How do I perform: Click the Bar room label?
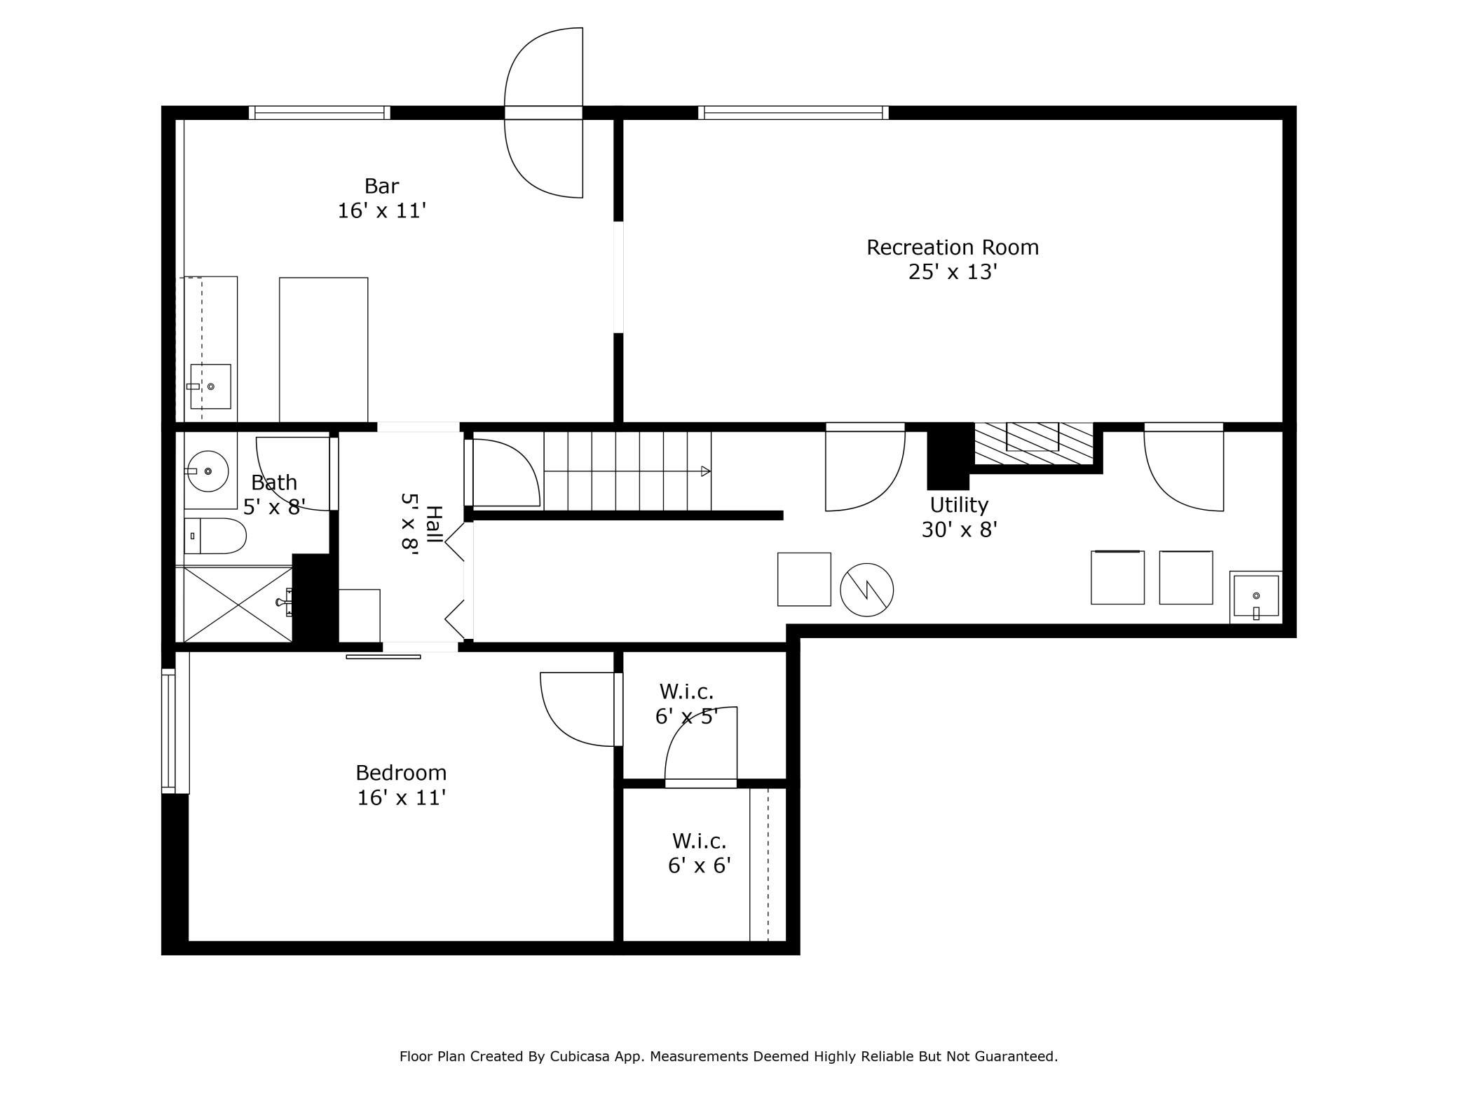(381, 186)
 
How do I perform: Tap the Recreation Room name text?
(953, 247)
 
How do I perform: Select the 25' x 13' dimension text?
(953, 272)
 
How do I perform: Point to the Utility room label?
(959, 504)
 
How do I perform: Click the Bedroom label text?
(401, 772)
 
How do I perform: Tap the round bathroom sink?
(207, 471)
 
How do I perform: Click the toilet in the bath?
(215, 536)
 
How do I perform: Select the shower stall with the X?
(238, 604)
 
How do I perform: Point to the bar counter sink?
(210, 386)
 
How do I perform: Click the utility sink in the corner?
(1255, 597)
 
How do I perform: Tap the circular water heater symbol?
(866, 590)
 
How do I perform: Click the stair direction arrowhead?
(706, 471)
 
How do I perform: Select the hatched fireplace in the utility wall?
(1033, 443)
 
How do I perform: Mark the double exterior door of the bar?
(544, 113)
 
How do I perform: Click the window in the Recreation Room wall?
(793, 112)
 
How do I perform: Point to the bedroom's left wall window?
(168, 731)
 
